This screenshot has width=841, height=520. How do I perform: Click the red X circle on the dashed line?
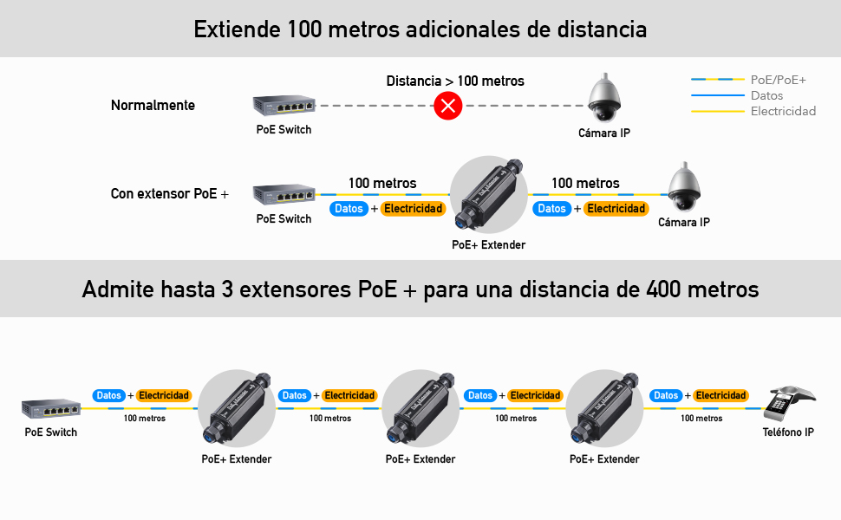tap(447, 107)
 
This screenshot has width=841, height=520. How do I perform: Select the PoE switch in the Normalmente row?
tap(284, 105)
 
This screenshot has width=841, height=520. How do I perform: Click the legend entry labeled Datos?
tap(766, 95)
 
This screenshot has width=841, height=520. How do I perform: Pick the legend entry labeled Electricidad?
tap(783, 111)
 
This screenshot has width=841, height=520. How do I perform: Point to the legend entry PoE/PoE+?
tap(778, 80)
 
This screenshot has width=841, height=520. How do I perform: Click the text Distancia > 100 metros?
tap(455, 81)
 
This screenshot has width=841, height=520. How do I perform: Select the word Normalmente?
tap(153, 106)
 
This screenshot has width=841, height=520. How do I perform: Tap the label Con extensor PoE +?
tap(169, 193)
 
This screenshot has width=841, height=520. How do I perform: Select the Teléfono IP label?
tap(787, 432)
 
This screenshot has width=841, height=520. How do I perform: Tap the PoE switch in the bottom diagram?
tap(50, 407)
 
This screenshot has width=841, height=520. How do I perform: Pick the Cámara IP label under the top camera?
tap(603, 133)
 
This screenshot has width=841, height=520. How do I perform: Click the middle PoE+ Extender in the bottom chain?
tap(420, 407)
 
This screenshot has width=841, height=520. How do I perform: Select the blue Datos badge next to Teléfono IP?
tap(666, 395)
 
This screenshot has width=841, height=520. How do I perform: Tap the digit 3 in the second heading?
tap(227, 289)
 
